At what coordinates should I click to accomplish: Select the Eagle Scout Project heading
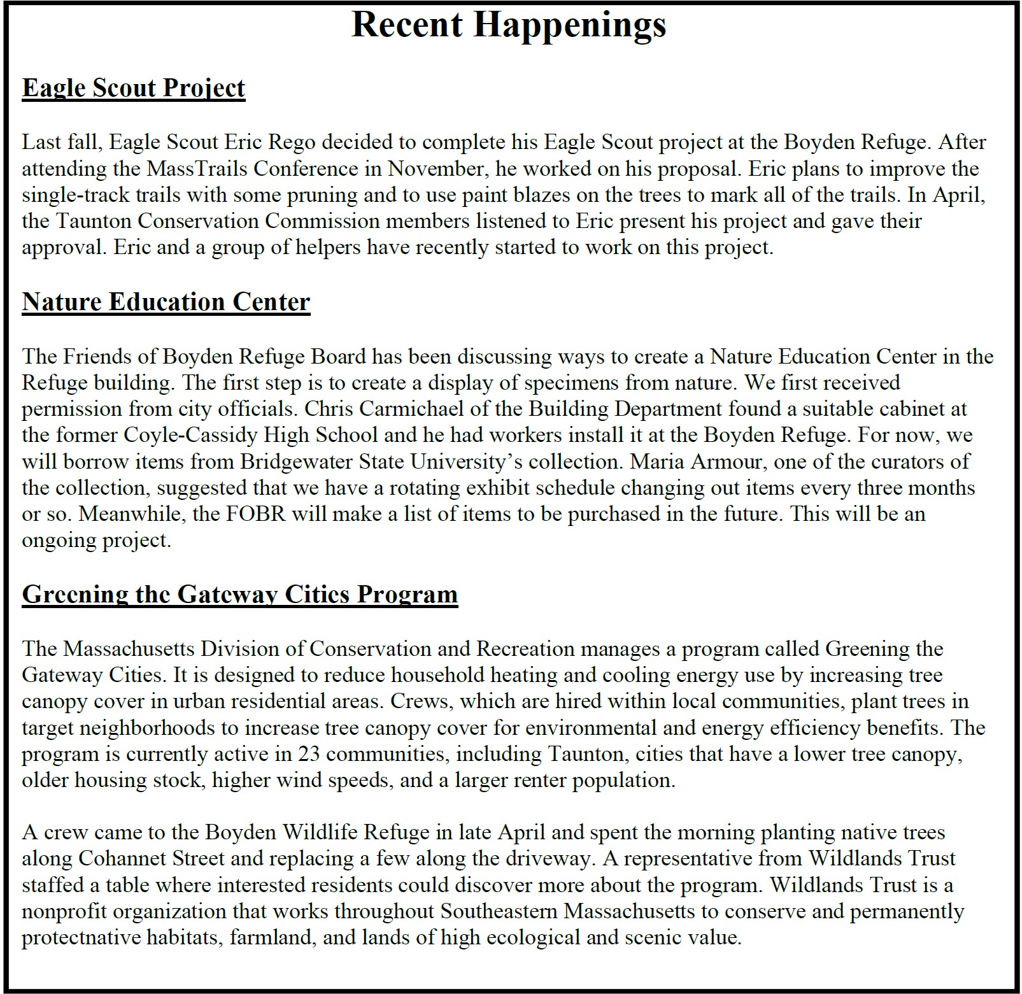click(x=133, y=88)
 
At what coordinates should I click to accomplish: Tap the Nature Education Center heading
click(x=166, y=302)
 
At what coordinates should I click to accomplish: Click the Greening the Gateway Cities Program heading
click(x=239, y=594)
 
